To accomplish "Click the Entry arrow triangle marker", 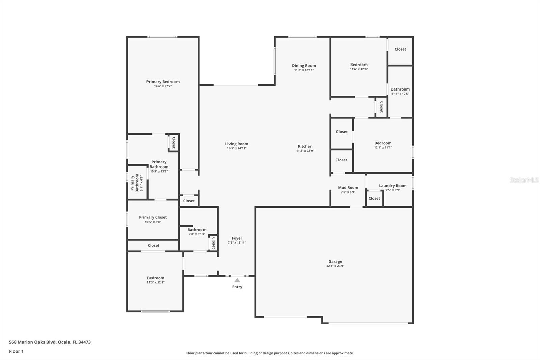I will pyautogui.click(x=237, y=280).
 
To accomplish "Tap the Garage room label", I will pyautogui.click(x=335, y=261).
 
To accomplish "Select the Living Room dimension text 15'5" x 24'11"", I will pyautogui.click(x=237, y=148).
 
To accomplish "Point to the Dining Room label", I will pyautogui.click(x=304, y=66).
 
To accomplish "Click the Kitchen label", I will pyautogui.click(x=305, y=146).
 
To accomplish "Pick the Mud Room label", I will pyautogui.click(x=348, y=188).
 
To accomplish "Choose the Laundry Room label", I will pyautogui.click(x=393, y=186).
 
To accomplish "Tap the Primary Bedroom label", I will pyautogui.click(x=163, y=82).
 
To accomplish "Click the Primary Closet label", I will pyautogui.click(x=153, y=217).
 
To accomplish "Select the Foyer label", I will pyautogui.click(x=237, y=238).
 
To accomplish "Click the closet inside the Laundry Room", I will pyautogui.click(x=374, y=198).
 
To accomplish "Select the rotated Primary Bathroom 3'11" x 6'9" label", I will pyautogui.click(x=137, y=183).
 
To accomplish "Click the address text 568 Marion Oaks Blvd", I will pyautogui.click(x=50, y=342).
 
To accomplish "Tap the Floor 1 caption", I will pyautogui.click(x=16, y=351).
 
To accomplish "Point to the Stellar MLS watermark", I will pyautogui.click(x=524, y=180).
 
